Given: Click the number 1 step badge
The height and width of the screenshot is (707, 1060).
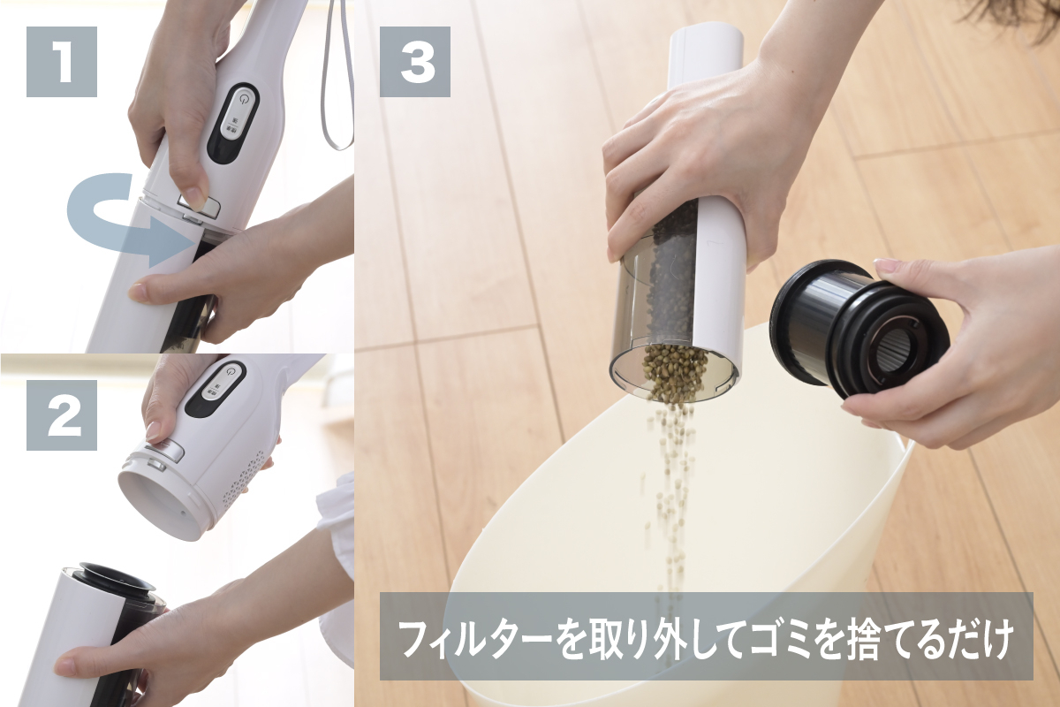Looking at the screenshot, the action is (x=62, y=62).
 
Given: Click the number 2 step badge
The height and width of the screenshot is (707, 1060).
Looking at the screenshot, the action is (x=62, y=414).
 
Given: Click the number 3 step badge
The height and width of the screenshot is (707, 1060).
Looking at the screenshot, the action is (x=415, y=62).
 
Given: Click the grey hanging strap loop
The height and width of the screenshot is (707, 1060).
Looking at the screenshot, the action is (x=337, y=76).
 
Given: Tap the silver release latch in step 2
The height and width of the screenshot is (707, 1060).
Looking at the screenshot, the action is (x=163, y=451).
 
